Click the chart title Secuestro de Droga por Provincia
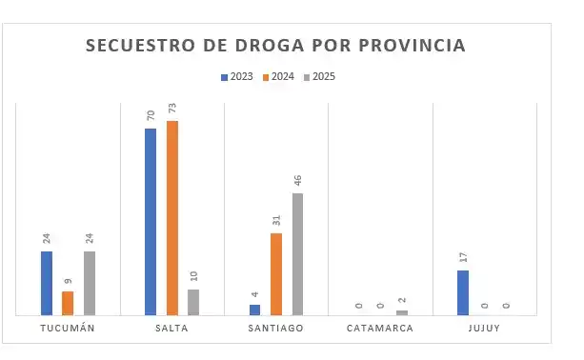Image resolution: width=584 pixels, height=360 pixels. pos(276,46)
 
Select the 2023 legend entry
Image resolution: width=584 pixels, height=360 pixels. pos(237,76)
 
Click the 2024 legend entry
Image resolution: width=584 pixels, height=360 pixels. pos(278,76)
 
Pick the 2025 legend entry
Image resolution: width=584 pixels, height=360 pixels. pos(320,76)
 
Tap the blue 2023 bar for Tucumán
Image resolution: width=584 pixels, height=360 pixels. pos(47,283)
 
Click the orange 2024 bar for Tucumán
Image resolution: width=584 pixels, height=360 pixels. pos(68,303)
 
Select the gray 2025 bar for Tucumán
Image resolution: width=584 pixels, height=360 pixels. pos(90,283)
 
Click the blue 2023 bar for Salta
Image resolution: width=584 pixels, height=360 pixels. pos(151,221)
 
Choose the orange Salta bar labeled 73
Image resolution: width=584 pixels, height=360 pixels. pos(172,217)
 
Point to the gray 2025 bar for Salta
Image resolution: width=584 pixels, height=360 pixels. pos(193,302)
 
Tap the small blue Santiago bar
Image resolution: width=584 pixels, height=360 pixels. pos(254,310)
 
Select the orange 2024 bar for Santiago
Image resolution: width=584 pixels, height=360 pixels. pos(276,273)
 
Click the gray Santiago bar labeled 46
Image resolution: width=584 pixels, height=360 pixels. pos(298,253)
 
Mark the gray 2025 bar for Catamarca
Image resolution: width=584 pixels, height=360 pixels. pos(402,312)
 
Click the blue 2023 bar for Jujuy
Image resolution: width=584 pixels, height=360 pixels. pos(463,292)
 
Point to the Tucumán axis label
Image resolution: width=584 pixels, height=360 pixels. pos(68,329)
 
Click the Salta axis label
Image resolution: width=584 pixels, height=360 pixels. pos(171,329)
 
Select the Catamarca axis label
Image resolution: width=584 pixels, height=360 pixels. pos(380,329)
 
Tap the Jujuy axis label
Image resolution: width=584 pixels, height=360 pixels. pos(485,329)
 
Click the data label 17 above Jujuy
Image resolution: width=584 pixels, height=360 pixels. pos(464,258)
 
